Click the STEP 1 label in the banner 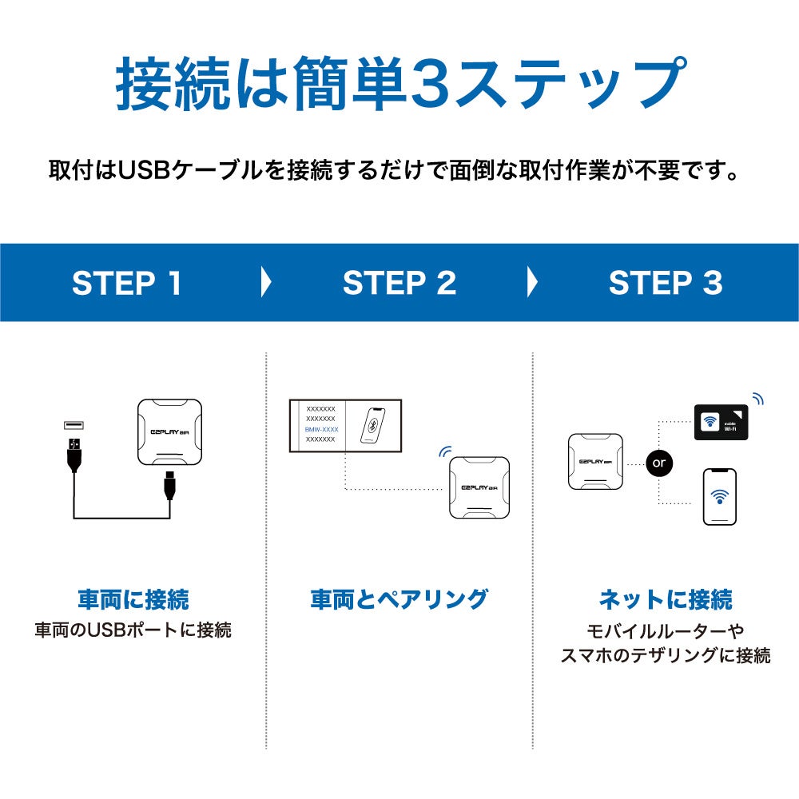[x=127, y=283]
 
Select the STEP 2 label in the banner [x=399, y=283]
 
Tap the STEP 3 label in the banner [x=666, y=283]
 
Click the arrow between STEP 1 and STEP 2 [x=266, y=283]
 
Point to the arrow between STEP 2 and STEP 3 [x=532, y=283]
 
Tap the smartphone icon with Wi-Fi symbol [x=720, y=496]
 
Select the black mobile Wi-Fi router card [x=721, y=423]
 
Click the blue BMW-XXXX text [x=321, y=429]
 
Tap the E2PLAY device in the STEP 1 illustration [x=169, y=431]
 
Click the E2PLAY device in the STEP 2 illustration [x=479, y=487]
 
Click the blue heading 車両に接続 [x=133, y=599]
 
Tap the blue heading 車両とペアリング [x=399, y=599]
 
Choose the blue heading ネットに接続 [x=666, y=599]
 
